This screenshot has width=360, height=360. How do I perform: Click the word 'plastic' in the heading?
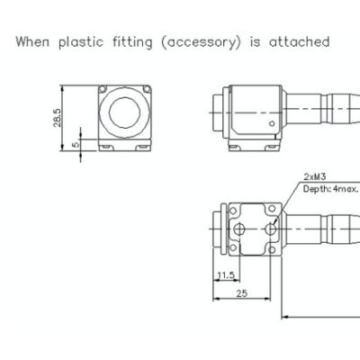[81, 42]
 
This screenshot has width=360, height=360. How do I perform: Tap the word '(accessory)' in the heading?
[201, 42]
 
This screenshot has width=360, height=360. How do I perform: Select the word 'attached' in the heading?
[300, 41]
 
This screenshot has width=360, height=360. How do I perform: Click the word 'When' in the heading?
[32, 41]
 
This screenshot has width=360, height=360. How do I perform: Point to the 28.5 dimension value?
[58, 118]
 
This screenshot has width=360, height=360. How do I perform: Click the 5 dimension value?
[76, 144]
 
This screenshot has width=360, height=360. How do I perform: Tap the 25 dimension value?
[242, 293]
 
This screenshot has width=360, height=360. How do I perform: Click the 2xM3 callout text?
[315, 176]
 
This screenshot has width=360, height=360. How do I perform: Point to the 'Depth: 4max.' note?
[330, 189]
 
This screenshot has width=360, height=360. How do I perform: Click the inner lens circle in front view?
[124, 112]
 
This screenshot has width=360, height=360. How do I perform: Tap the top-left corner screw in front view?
[103, 89]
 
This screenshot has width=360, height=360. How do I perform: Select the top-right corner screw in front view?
[147, 89]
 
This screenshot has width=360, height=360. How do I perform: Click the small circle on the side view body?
[272, 123]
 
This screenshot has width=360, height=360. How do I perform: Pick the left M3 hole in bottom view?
[239, 229]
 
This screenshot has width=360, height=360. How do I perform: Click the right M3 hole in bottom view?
[271, 229]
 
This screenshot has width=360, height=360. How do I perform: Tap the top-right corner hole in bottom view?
[272, 209]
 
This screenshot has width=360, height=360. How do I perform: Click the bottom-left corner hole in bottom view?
[233, 247]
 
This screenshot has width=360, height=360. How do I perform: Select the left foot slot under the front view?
[106, 147]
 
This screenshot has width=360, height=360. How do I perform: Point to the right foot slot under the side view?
[272, 147]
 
